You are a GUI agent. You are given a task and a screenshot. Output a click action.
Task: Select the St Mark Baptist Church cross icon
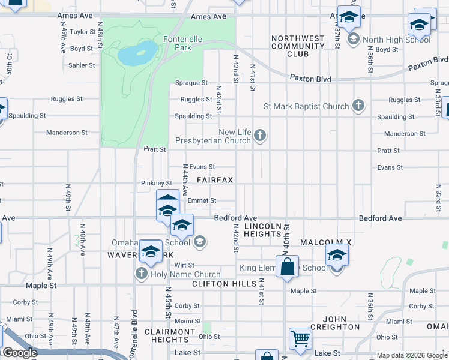coord(358,106)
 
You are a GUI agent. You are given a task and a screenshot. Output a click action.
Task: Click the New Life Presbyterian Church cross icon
coord(260,136)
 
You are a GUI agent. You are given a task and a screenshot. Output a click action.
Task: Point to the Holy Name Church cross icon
coord(142,274)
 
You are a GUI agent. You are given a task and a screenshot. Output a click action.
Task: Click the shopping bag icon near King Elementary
coord(288,266)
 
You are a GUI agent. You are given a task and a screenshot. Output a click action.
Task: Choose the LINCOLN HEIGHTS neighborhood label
coord(262,230)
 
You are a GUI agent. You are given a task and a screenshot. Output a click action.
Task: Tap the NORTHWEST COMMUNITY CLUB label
coord(298,46)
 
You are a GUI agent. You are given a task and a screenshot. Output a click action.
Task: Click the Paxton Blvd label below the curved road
coord(310,78)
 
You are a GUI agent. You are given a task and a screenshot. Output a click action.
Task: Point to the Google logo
coord(20,353)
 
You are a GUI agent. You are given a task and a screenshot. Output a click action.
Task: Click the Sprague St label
coord(191,83)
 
